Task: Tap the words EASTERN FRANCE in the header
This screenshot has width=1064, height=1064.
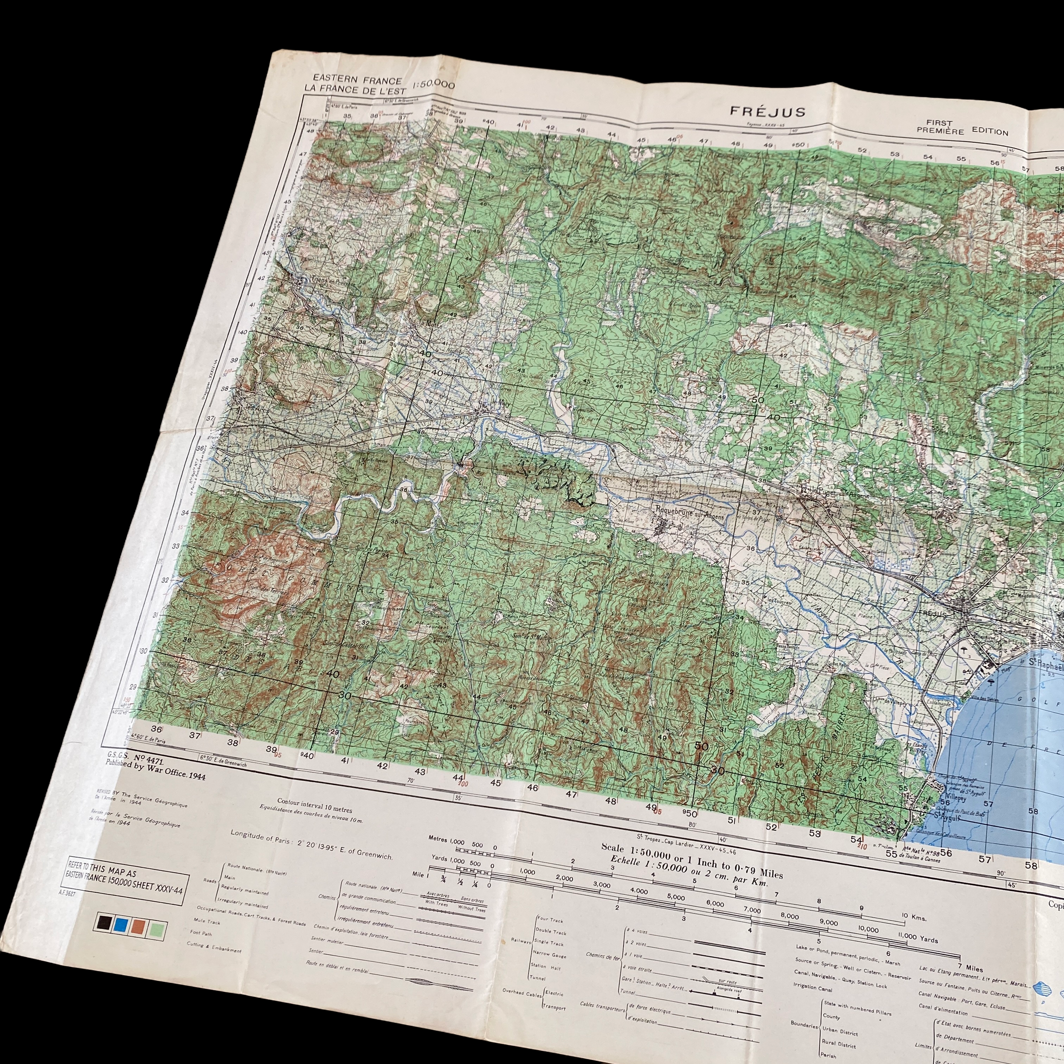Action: (x=357, y=80)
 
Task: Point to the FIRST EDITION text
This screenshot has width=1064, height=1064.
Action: (x=962, y=128)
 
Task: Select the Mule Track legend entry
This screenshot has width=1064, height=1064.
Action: (x=207, y=921)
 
